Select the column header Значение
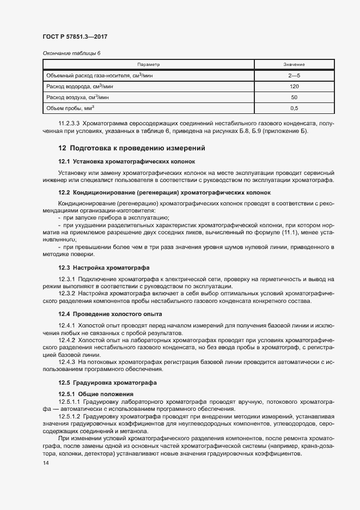[294, 64]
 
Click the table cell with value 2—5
[294, 75]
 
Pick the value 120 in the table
[294, 86]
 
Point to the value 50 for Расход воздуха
[294, 97]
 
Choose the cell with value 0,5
[294, 108]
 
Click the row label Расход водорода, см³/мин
[80, 86]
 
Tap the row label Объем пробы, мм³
[70, 108]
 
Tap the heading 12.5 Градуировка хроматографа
[107, 382]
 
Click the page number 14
[45, 463]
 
